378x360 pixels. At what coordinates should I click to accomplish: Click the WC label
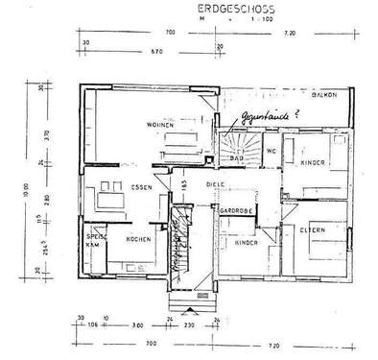pyautogui.click(x=272, y=151)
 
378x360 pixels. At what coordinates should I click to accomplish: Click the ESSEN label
pyautogui.click(x=143, y=188)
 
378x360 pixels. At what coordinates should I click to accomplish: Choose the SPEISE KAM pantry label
pyautogui.click(x=97, y=240)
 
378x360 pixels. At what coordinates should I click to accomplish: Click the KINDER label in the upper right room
pyautogui.click(x=313, y=164)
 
